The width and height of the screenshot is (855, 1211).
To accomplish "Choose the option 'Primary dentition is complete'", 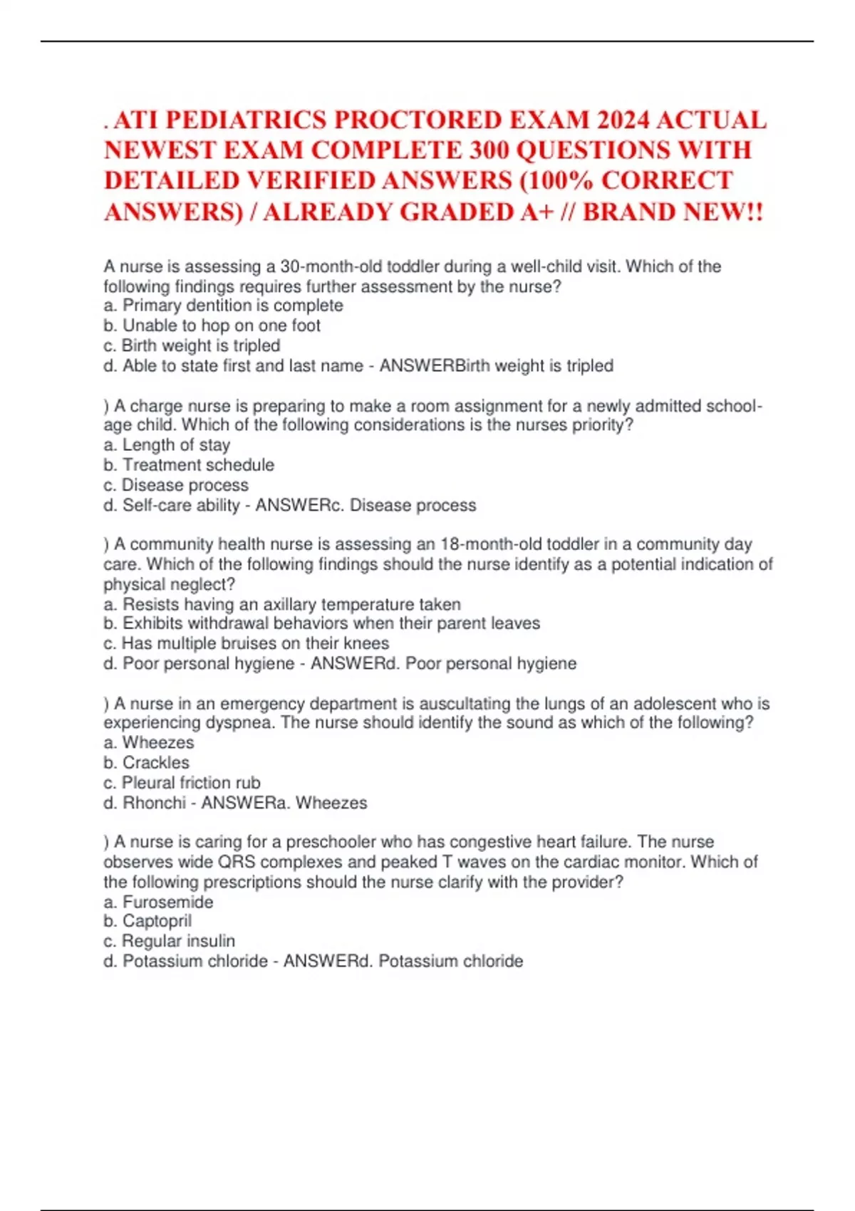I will [x=232, y=306].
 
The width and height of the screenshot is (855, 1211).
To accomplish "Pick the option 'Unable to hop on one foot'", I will [x=221, y=326].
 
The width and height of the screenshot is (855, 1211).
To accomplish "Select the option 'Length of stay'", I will [x=176, y=445].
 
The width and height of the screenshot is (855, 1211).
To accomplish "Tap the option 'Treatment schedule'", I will [x=198, y=465].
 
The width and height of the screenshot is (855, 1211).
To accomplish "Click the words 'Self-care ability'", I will [x=181, y=506].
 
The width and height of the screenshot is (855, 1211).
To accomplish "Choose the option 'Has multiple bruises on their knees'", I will [x=255, y=644].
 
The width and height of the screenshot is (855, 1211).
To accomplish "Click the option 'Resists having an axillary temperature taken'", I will [x=291, y=605].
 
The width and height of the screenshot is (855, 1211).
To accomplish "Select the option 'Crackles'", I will [x=155, y=763].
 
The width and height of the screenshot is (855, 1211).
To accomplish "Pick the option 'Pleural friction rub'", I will [x=191, y=783].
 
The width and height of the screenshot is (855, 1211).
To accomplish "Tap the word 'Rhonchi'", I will [x=154, y=804].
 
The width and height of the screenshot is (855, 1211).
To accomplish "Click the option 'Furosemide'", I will [x=167, y=903].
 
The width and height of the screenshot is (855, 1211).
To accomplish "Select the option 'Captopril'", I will [x=157, y=921].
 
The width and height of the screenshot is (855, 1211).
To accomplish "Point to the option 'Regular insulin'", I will [x=178, y=941].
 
